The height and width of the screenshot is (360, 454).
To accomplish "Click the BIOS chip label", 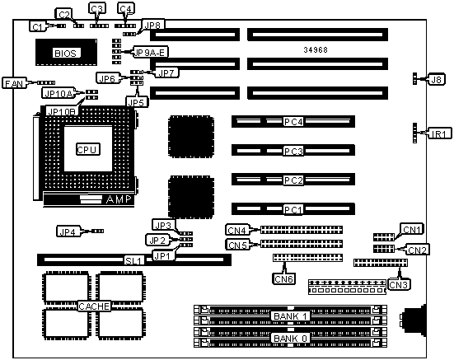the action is [x=65, y=54].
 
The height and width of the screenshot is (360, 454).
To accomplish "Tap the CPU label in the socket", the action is [x=88, y=149].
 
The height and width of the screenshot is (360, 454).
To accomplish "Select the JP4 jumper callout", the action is [x=68, y=231].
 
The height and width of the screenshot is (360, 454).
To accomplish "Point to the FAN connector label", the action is [x=14, y=83].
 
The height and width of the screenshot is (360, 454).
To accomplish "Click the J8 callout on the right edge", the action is [x=437, y=79].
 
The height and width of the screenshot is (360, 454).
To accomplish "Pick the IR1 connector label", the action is [x=439, y=133].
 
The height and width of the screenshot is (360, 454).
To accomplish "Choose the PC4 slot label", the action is [x=293, y=122].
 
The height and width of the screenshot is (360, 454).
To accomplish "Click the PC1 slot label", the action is [x=293, y=209].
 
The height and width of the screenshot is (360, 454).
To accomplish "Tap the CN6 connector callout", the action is [x=284, y=278].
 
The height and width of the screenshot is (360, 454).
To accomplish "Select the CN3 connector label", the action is [x=399, y=285].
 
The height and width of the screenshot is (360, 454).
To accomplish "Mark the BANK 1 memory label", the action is [x=290, y=316].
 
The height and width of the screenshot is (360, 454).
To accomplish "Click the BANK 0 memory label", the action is [x=290, y=338].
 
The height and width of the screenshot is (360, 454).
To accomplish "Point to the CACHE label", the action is [x=94, y=306].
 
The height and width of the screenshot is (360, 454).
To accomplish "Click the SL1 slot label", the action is [x=134, y=261].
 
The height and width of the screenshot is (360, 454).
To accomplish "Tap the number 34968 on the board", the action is [x=316, y=50].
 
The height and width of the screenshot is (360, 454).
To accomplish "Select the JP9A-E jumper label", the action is [x=151, y=52].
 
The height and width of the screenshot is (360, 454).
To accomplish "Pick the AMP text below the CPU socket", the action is [x=119, y=199].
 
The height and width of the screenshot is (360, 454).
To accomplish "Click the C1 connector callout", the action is [x=38, y=27].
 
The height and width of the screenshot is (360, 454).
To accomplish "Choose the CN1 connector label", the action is [x=412, y=229].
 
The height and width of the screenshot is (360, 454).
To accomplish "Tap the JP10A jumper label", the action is [x=59, y=93].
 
